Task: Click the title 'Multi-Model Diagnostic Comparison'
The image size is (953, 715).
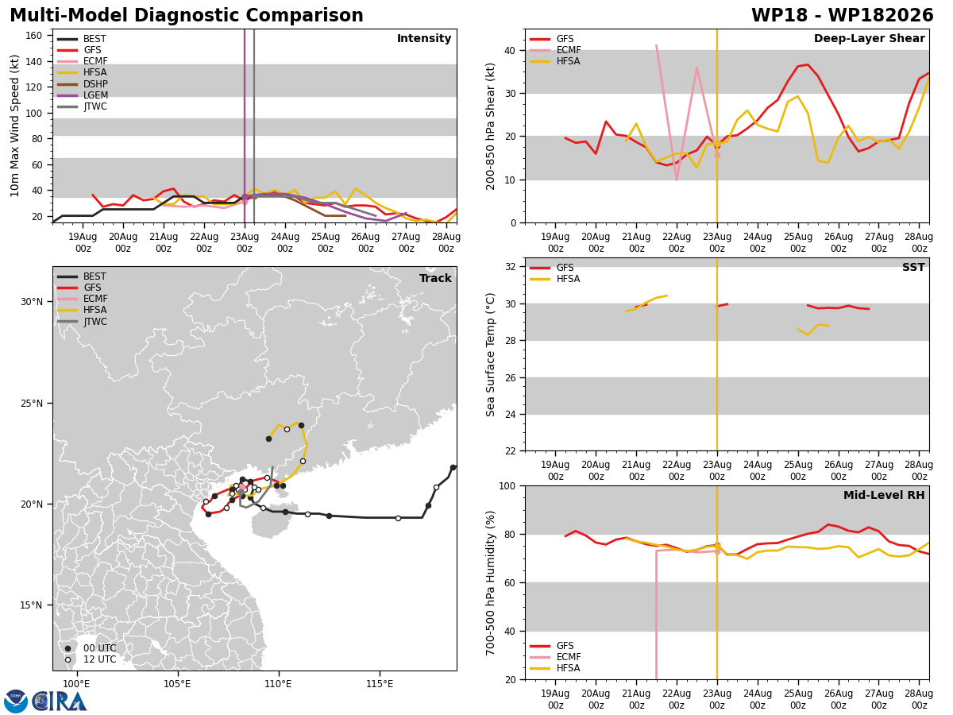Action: click(187, 15)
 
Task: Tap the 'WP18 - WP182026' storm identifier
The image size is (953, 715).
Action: click(842, 15)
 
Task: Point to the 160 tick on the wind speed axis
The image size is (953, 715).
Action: click(34, 36)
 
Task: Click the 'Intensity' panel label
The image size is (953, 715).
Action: click(424, 38)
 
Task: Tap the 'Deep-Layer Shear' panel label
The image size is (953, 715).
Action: click(869, 38)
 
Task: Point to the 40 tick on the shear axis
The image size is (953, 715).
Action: click(510, 50)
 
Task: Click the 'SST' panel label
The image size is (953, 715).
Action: click(913, 267)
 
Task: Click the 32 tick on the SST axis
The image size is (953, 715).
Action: click(510, 267)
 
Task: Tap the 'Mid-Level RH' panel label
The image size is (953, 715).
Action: click(884, 495)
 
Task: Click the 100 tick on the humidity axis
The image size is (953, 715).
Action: click(507, 485)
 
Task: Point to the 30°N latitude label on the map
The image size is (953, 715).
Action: click(32, 302)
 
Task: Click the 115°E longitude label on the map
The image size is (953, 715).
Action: click(380, 684)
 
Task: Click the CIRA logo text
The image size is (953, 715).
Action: click(59, 701)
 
